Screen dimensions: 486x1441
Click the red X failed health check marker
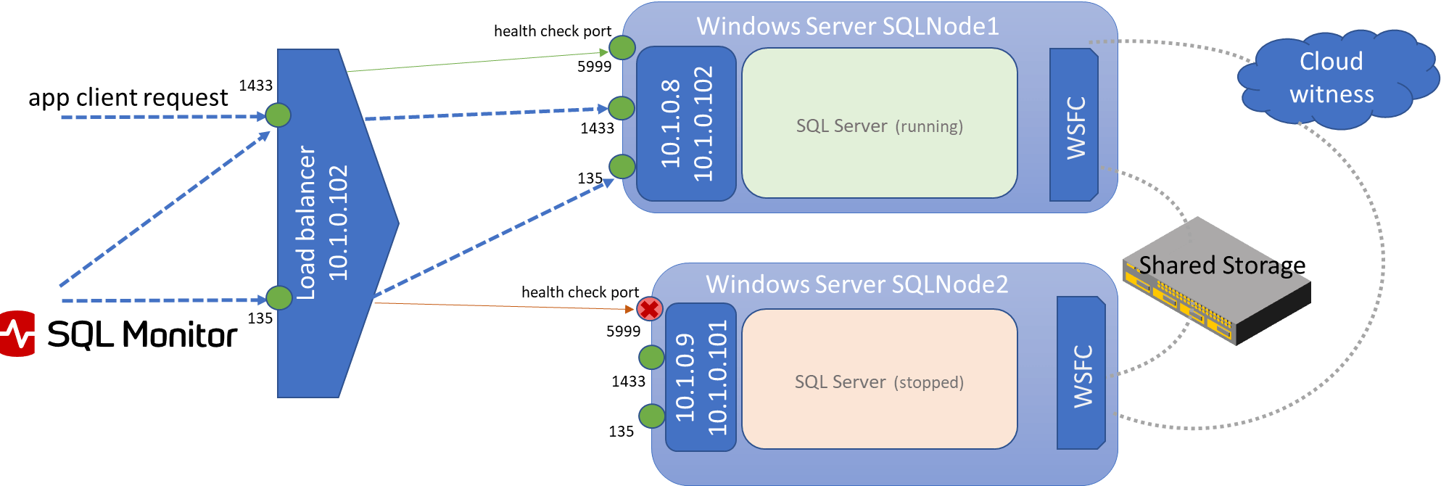pyautogui.click(x=650, y=310)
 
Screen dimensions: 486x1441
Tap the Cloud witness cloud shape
pyautogui.click(x=1331, y=78)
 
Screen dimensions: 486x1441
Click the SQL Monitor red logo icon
pyautogui.click(x=16, y=334)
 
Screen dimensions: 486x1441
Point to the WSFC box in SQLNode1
pyautogui.click(x=1075, y=125)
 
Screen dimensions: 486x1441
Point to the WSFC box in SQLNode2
pyautogui.click(x=1081, y=374)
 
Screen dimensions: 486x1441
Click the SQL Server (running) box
pyautogui.click(x=879, y=123)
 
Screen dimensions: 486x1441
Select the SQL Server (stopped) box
pyautogui.click(x=879, y=379)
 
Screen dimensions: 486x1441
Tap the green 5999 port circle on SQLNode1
pyautogui.click(x=622, y=48)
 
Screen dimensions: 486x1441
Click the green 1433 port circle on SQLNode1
pyautogui.click(x=622, y=108)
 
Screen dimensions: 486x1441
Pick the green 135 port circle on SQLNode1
pyautogui.click(x=622, y=166)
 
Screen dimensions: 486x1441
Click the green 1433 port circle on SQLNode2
pyautogui.click(x=651, y=357)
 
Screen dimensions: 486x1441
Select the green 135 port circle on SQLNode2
pyautogui.click(x=651, y=416)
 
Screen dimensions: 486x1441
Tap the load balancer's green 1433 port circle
pyautogui.click(x=278, y=115)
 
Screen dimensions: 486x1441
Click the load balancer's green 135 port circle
pyautogui.click(x=278, y=297)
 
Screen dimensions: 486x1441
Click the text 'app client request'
pyautogui.click(x=128, y=97)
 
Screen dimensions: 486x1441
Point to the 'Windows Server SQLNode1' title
pyautogui.click(x=847, y=27)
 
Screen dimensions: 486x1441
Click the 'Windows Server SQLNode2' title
pyautogui.click(x=856, y=284)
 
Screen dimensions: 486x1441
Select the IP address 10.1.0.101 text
pyautogui.click(x=717, y=377)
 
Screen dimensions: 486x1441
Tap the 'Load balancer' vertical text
pyautogui.click(x=307, y=223)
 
